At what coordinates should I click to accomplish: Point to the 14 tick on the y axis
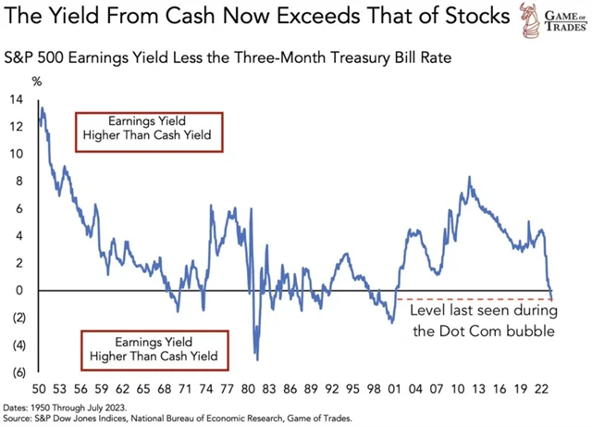pyautogui.click(x=18, y=99)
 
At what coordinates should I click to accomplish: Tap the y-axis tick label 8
pyautogui.click(x=18, y=181)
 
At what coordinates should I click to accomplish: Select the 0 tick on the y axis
pyautogui.click(x=18, y=290)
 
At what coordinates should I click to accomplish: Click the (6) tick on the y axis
pyautogui.click(x=18, y=372)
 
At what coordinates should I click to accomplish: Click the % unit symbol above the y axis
pyautogui.click(x=38, y=83)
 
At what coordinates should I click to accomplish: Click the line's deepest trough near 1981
pyautogui.click(x=256, y=359)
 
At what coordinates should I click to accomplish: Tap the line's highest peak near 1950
pyautogui.click(x=43, y=109)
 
